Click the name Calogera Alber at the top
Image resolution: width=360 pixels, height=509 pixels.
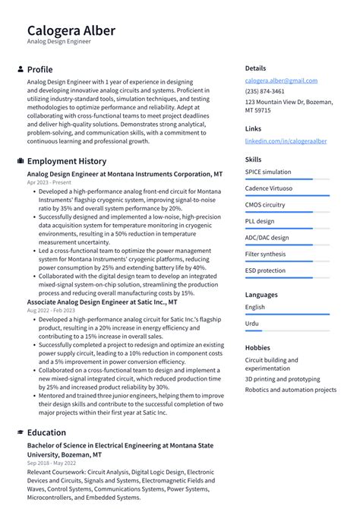pyautogui.click(x=71, y=30)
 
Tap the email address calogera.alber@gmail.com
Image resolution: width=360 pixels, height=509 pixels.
pyautogui.click(x=281, y=81)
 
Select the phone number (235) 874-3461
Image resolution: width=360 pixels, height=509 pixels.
pyautogui.click(x=264, y=91)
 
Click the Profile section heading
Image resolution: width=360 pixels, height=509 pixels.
pyautogui.click(x=39, y=69)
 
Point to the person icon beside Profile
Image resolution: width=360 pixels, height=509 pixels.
pyautogui.click(x=20, y=69)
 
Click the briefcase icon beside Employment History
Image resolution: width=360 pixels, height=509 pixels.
pyautogui.click(x=20, y=161)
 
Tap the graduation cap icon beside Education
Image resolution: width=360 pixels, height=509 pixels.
pyautogui.click(x=20, y=432)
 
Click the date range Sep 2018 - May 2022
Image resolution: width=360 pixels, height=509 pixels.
pyautogui.click(x=52, y=463)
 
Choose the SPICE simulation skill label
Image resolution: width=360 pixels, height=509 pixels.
pyautogui.click(x=267, y=172)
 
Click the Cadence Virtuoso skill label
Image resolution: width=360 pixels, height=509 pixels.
pyautogui.click(x=269, y=188)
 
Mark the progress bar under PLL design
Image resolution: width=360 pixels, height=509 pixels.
pyautogui.click(x=287, y=229)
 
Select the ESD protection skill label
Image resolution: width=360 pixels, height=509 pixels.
pyautogui.click(x=265, y=270)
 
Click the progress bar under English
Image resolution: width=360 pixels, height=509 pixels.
pyautogui.click(x=287, y=315)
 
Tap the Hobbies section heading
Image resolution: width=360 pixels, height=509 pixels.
pyautogui.click(x=257, y=347)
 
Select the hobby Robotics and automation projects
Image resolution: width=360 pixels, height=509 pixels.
pyautogui.click(x=290, y=390)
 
